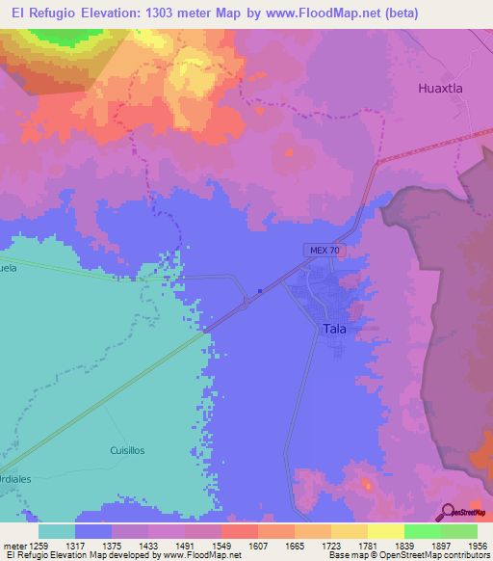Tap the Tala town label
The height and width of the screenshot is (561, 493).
pos(334,329)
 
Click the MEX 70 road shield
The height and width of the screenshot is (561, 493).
pos(324,250)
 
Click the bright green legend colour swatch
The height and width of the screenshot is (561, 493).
pos(423,531)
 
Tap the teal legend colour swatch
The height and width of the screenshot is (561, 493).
pos(57,531)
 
